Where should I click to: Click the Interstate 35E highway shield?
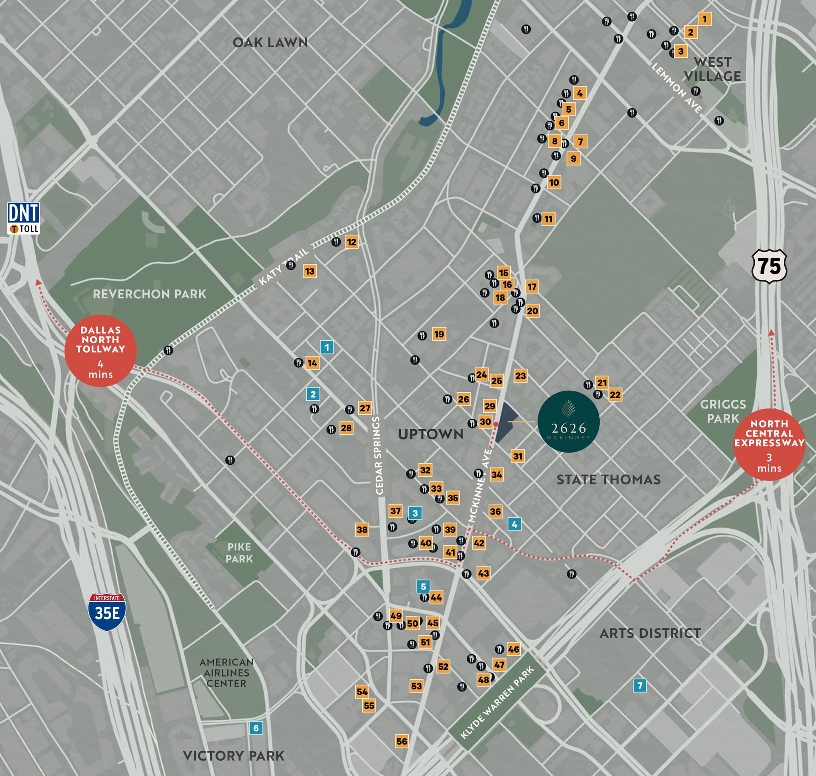tap(107, 612)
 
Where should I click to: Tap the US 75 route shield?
tap(769, 266)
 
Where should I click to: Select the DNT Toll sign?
tap(24, 218)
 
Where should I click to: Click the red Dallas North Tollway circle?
tap(101, 351)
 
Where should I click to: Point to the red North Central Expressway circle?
tap(769, 445)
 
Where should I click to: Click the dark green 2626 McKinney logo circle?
tap(569, 422)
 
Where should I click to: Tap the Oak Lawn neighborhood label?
tap(270, 42)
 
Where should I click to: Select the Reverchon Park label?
tap(149, 294)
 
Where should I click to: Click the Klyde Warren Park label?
tap(497, 702)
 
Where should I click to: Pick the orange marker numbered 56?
tap(402, 741)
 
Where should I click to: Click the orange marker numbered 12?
tap(351, 242)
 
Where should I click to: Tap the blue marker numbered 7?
tap(640, 685)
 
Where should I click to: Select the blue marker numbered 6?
tap(256, 728)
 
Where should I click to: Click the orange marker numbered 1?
tap(705, 19)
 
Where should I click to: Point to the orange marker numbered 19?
tap(439, 334)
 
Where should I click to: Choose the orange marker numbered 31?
tap(518, 456)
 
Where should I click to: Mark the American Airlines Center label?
tap(226, 672)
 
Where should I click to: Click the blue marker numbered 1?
tap(327, 347)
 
